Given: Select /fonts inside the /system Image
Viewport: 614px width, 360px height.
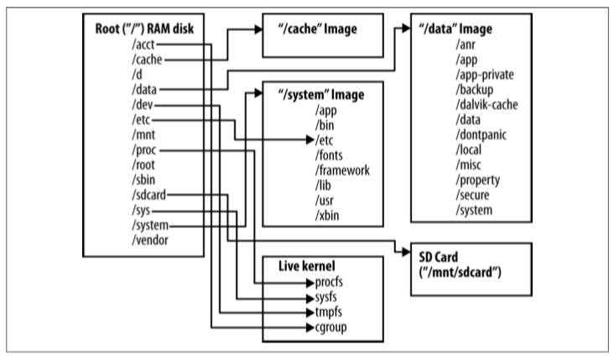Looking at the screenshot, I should [x=332, y=155].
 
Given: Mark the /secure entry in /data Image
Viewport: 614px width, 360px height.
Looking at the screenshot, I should [x=472, y=196].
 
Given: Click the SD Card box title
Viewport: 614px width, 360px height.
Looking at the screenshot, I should [x=447, y=255].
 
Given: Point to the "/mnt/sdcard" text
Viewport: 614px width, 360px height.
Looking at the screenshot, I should [x=466, y=270].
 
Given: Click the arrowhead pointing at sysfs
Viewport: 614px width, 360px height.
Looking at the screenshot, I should [x=308, y=297].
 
